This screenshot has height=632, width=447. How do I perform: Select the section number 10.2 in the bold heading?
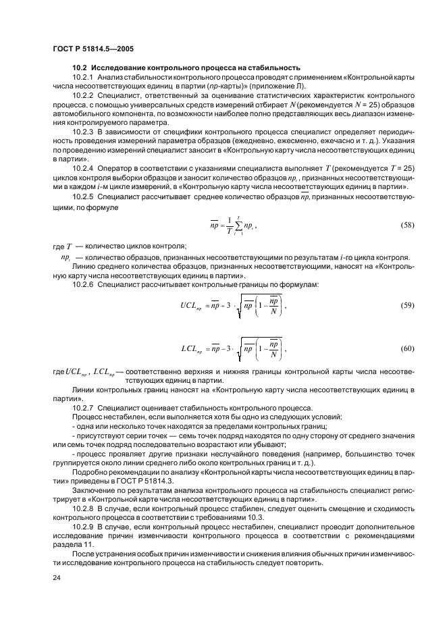(80, 68)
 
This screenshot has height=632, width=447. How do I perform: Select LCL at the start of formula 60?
(191, 349)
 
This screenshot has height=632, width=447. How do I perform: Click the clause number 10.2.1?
(84, 78)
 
